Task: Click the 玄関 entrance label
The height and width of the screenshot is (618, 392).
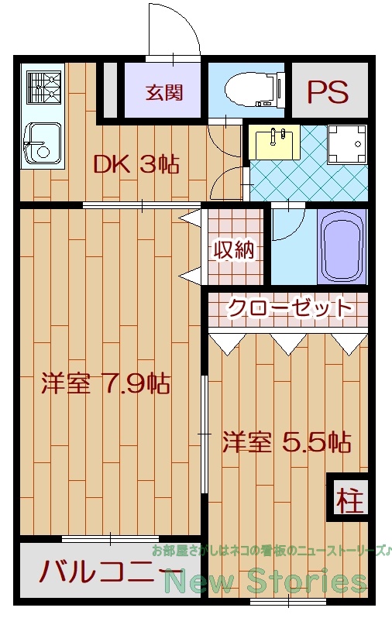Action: (164, 93)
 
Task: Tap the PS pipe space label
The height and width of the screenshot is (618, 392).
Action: (328, 91)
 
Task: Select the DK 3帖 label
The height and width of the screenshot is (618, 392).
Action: (136, 164)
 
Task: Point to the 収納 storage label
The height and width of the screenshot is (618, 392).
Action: (234, 249)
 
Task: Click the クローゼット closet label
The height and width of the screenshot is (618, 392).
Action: (288, 307)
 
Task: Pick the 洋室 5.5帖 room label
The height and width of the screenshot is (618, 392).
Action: (287, 443)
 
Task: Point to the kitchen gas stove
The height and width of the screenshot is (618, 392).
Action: (43, 87)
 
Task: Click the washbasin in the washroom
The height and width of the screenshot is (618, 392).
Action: (277, 142)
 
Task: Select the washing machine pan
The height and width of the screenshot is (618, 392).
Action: (346, 144)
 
